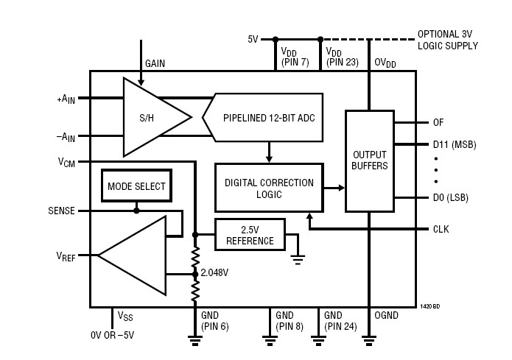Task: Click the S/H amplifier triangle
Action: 151,119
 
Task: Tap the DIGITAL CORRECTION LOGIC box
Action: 268,188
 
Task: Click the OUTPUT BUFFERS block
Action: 370,160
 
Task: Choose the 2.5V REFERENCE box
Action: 250,236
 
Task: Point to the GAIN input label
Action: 155,64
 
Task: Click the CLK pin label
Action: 441,229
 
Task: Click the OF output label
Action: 439,122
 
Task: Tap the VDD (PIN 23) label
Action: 342,58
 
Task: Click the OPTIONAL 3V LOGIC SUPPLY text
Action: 447,40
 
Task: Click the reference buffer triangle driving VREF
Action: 133,255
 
